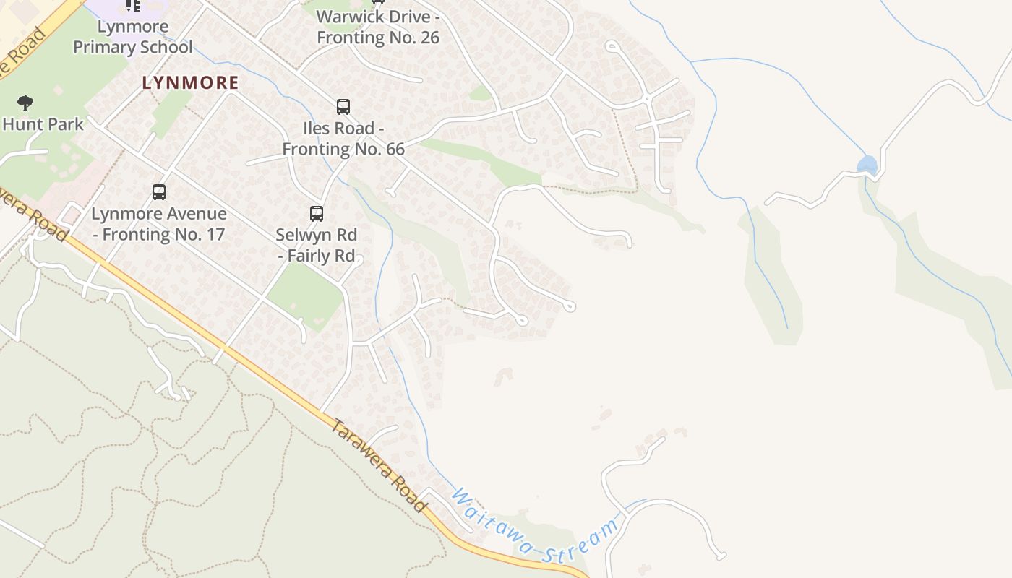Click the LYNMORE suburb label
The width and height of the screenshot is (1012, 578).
pyautogui.click(x=190, y=83)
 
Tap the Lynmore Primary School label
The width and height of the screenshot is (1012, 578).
pyautogui.click(x=132, y=37)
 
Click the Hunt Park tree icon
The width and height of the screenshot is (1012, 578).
pyautogui.click(x=25, y=103)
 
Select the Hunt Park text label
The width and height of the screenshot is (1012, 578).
pyautogui.click(x=43, y=124)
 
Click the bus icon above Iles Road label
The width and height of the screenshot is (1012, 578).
pyautogui.click(x=343, y=107)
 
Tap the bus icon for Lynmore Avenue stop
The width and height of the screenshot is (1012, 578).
pyautogui.click(x=159, y=192)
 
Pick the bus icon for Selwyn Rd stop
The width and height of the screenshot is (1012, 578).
pyautogui.click(x=317, y=214)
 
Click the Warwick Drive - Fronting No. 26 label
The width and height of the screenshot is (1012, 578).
pyautogui.click(x=378, y=27)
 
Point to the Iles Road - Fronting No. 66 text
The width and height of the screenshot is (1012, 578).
pyautogui.click(x=343, y=139)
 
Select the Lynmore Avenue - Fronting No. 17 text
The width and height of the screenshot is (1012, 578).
pyautogui.click(x=159, y=224)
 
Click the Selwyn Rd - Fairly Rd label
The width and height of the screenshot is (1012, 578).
pyautogui.click(x=317, y=246)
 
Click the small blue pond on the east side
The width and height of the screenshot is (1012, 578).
pyautogui.click(x=867, y=165)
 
